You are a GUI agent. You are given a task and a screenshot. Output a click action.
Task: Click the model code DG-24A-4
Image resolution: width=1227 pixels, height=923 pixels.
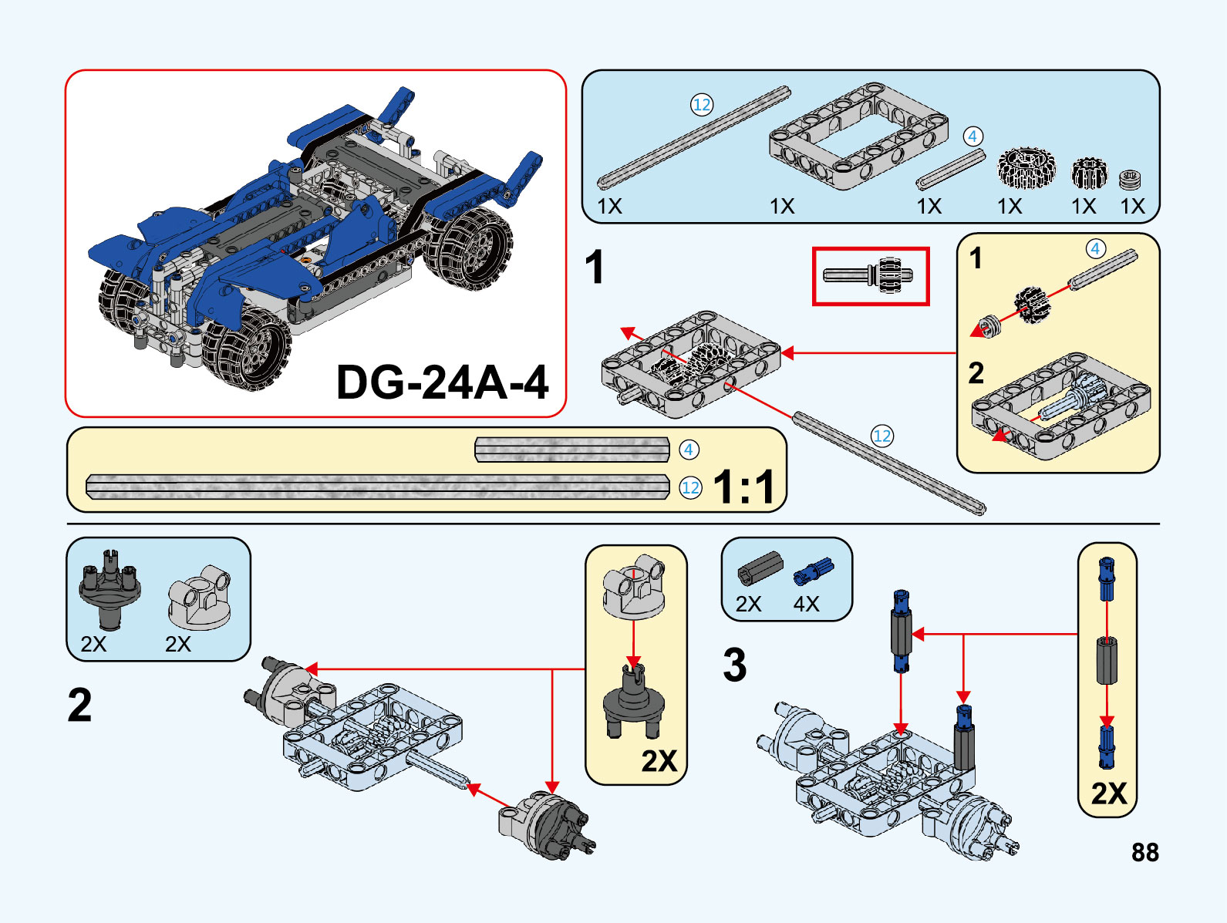point(442,382)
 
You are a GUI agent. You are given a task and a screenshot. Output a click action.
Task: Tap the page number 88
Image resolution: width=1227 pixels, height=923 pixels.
point(1145,852)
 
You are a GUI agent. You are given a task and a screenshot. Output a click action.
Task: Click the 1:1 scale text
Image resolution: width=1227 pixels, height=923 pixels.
point(743,487)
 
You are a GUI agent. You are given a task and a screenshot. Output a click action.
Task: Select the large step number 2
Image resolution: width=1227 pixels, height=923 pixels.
point(79,705)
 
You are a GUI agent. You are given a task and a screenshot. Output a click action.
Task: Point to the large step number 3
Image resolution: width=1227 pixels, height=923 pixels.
point(734,665)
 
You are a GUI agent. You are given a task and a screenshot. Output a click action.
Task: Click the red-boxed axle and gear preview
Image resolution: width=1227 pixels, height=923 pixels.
point(870,276)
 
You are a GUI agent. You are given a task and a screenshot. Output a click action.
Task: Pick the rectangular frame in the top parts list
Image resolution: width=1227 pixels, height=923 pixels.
point(858,136)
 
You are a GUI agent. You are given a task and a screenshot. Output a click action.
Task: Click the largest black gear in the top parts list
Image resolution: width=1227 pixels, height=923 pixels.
point(1025,167)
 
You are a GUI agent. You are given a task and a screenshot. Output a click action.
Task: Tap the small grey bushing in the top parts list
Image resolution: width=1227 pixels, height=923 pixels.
point(1130,180)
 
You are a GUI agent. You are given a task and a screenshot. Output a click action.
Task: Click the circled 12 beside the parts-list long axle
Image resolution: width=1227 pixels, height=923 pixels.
point(701,105)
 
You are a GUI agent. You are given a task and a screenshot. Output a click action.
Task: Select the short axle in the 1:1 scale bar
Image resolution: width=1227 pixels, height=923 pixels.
point(571,450)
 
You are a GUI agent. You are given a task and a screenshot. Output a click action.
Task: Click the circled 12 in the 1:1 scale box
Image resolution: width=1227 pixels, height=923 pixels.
point(690,487)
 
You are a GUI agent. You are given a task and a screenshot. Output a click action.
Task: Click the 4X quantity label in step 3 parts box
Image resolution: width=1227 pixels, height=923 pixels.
point(806,604)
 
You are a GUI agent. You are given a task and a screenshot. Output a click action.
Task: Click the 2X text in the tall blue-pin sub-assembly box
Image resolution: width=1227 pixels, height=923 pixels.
point(1108,793)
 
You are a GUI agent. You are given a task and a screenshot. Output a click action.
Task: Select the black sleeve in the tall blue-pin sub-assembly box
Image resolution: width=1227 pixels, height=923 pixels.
point(1107,660)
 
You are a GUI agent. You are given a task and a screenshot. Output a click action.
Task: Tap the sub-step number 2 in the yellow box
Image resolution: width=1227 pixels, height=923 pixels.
point(976,373)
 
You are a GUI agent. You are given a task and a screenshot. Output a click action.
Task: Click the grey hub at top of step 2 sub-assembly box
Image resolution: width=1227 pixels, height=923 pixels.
point(634,588)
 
